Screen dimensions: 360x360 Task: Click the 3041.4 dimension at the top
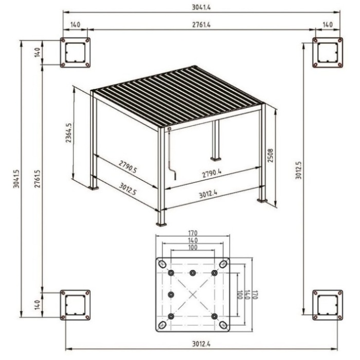pos(201,7)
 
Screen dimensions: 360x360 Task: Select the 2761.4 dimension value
pos(201,24)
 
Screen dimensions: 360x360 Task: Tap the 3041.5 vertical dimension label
pos(16,179)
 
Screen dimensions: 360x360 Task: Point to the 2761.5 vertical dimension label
pos(38,179)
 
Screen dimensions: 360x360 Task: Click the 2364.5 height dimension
pos(68,133)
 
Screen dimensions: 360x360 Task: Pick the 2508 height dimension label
pos(271,155)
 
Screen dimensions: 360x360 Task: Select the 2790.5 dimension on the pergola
pos(128,167)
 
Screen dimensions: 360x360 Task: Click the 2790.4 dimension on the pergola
pos(212,173)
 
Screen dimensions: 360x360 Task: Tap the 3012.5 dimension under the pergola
pos(128,189)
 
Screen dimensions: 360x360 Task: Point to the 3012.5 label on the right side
pos(298,170)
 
